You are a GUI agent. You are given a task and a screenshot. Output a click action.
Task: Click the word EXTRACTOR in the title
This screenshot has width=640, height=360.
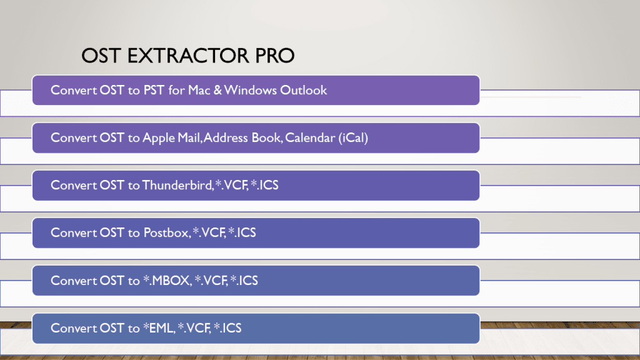[x=187, y=56]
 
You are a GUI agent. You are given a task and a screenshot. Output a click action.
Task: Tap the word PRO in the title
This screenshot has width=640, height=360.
[x=275, y=56]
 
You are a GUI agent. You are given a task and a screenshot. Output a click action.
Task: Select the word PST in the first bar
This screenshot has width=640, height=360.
[x=154, y=90]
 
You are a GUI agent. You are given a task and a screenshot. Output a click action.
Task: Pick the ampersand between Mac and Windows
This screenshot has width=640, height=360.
[x=217, y=90]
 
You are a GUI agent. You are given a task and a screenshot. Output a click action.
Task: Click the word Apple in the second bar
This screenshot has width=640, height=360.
[x=159, y=138]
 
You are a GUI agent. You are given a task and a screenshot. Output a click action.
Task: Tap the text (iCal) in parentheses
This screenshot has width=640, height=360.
[x=353, y=138]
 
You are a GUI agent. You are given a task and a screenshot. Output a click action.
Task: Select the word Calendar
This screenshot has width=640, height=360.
[x=310, y=138]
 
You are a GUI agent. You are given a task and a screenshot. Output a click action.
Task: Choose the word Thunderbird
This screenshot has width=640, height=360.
[x=177, y=185]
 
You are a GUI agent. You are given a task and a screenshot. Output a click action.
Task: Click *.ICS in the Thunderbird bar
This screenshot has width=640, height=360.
[x=264, y=185]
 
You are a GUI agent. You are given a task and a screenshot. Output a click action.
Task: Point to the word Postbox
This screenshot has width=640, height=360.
[x=166, y=232]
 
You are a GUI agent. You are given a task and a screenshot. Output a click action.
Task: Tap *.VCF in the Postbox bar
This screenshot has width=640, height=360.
[x=209, y=232]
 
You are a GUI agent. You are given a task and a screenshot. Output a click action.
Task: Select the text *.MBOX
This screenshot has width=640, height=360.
[x=167, y=281]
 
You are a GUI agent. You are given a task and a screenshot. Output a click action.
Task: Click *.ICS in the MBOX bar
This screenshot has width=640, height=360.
[x=244, y=281]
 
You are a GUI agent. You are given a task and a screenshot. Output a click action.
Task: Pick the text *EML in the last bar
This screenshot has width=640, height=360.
[x=159, y=328]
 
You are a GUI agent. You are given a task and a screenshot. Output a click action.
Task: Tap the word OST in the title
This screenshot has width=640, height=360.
[x=101, y=56]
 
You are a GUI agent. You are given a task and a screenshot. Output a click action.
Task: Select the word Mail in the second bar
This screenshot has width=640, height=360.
[x=189, y=138]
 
